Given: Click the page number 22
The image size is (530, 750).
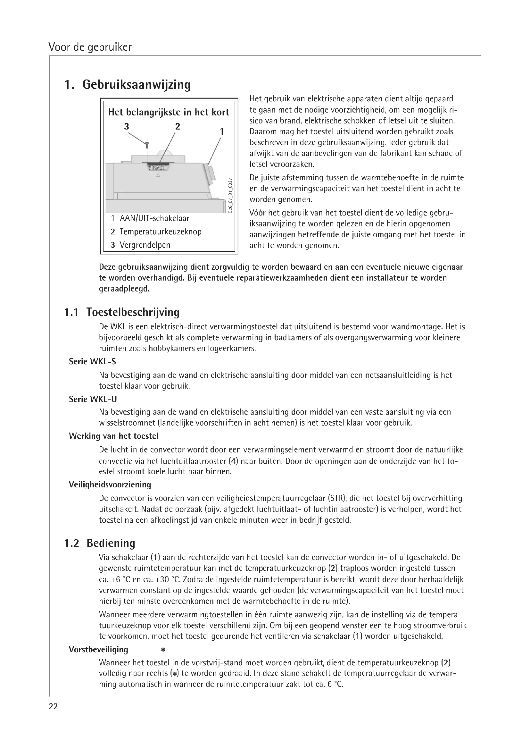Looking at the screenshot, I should (53, 707).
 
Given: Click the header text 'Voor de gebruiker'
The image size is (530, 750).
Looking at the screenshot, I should (90, 47).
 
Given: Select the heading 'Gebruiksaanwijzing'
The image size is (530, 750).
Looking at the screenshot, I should (137, 85).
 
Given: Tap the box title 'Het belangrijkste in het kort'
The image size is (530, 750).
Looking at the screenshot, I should (169, 112).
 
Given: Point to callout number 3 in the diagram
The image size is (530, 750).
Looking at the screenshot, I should (127, 126).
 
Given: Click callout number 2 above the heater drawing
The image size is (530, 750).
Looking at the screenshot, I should (178, 126).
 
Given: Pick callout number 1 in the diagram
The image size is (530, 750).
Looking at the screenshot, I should (222, 132).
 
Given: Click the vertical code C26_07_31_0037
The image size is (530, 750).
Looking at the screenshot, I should (230, 195).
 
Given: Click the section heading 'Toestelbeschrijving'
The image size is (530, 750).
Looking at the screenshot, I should (133, 312).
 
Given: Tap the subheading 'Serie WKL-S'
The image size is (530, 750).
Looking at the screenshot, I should (92, 362).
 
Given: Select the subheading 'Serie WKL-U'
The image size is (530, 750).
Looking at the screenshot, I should (93, 399).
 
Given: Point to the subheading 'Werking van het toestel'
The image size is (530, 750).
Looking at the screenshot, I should (113, 436).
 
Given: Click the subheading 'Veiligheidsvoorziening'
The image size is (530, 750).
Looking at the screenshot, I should (110, 485).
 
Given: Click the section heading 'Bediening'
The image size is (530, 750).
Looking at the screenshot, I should (111, 543).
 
